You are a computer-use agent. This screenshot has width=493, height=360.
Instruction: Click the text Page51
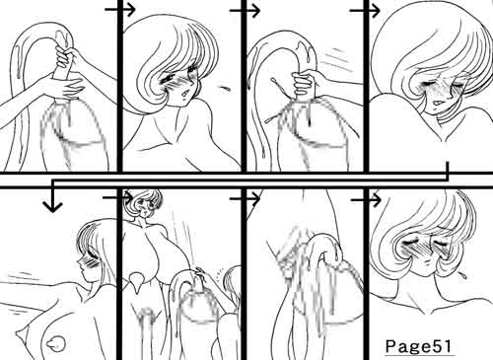click(418, 346)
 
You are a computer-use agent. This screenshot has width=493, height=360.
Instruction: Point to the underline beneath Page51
click(420, 355)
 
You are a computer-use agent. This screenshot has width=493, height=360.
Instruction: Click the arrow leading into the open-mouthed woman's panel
click(120, 10)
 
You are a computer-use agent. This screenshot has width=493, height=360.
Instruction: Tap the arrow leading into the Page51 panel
click(366, 199)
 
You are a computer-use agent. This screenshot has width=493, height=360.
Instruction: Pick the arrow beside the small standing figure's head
click(117, 197)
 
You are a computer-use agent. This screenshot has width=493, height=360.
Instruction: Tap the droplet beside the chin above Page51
click(462, 275)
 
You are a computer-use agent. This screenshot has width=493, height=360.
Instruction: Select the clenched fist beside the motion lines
click(303, 83)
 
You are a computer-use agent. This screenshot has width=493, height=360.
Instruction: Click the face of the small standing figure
click(143, 205)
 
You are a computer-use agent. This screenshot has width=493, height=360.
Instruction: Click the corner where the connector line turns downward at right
click(448, 180)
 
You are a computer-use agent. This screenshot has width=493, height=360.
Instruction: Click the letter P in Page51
click(390, 345)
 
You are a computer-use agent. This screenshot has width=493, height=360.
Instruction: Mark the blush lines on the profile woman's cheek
click(92, 263)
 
